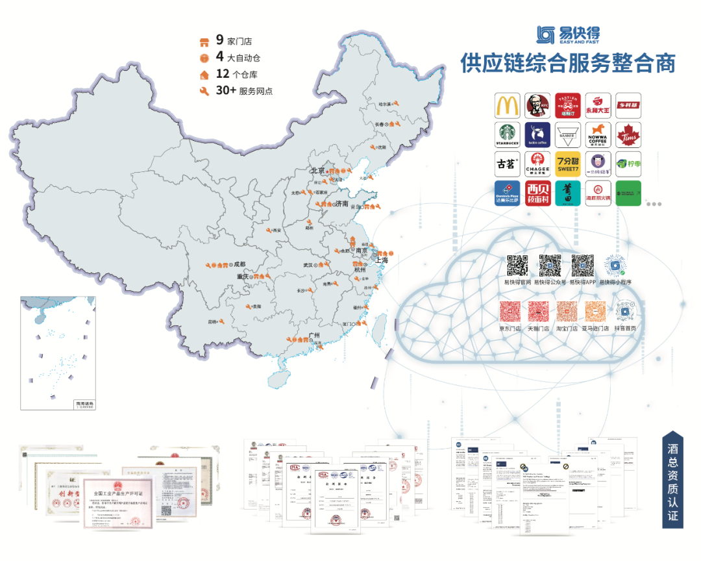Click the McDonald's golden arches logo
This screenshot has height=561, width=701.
coord(508,105)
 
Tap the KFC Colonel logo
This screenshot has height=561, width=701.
coord(537,105)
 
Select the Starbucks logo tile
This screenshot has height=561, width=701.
coord(508,135)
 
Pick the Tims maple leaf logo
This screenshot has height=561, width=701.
coord(628,135)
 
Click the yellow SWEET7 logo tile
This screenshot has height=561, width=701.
coord(567,164)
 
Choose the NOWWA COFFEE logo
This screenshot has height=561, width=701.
coord(598,135)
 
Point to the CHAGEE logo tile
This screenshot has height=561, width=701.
coord(537,164)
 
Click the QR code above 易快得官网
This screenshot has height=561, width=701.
coord(517,266)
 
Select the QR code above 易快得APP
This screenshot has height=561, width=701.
coord(582,266)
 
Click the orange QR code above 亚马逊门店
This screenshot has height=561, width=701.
coord(595,312)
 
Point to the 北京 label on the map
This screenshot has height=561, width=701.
coord(317,171)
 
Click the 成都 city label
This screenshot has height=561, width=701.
coord(240,264)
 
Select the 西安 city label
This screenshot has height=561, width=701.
coord(278,231)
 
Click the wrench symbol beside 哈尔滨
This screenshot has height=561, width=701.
coord(396,103)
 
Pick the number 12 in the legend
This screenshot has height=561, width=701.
coord(223,74)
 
